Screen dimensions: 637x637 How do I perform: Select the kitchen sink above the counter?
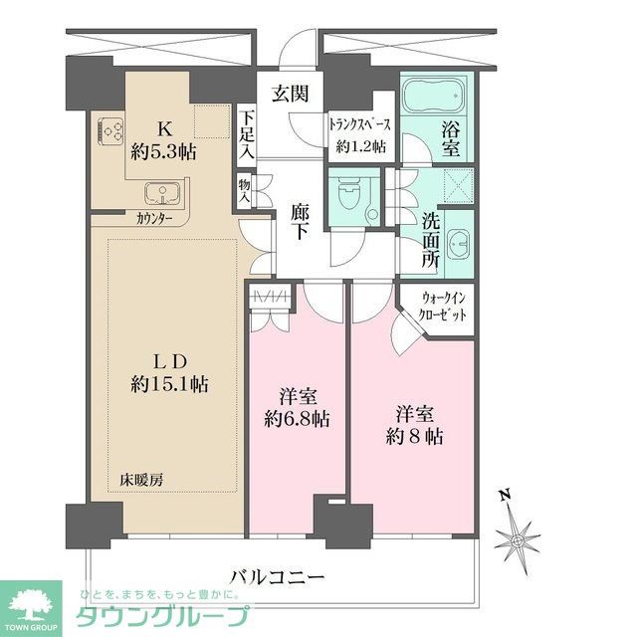point(158,192)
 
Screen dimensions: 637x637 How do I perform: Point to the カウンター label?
point(154,218)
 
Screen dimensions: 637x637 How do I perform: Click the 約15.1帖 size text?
point(167,383)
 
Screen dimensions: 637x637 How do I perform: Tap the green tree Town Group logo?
point(30,602)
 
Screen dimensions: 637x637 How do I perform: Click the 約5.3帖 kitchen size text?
point(165,152)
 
